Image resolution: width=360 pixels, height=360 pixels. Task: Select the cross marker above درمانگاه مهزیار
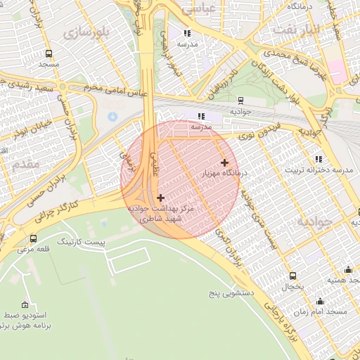point(224,162)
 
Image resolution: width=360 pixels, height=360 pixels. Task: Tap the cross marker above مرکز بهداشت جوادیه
point(162,198)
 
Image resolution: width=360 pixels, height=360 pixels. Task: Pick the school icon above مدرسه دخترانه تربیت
point(319,160)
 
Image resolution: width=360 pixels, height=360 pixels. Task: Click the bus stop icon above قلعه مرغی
point(34,239)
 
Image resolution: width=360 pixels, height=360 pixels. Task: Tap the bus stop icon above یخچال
point(292,276)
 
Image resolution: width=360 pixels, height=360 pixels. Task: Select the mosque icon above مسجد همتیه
point(347,269)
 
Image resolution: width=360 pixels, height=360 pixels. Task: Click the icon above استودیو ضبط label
point(26,305)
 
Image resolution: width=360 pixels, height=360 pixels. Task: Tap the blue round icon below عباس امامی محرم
point(112,115)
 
